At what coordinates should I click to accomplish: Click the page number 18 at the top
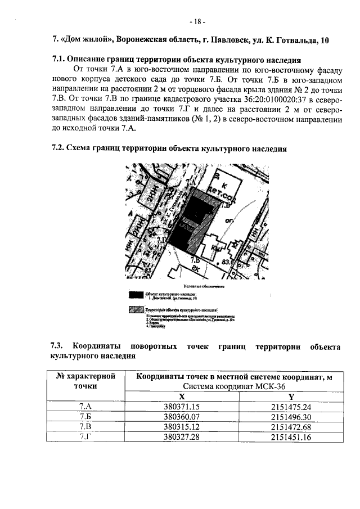[x=197, y=22]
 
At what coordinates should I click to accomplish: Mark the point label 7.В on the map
[x=195, y=260]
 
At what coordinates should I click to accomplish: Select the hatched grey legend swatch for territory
[x=136, y=309]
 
